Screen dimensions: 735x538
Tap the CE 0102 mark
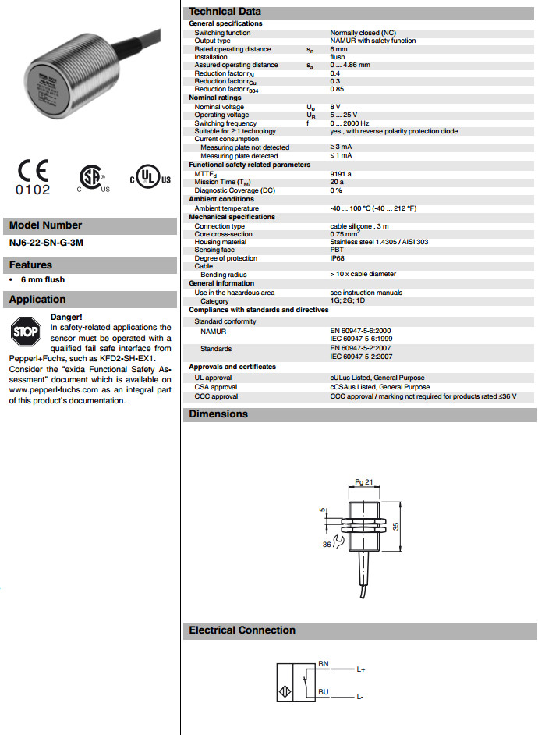(x=32, y=177)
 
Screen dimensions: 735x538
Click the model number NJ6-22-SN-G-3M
(x=46, y=243)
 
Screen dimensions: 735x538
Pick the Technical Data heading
(x=225, y=12)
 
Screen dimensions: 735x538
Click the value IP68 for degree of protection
(x=337, y=258)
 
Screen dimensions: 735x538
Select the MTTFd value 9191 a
(x=341, y=173)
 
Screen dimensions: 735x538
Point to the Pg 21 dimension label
(x=364, y=483)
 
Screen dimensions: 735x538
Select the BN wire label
(x=324, y=663)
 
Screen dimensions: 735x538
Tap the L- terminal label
(x=361, y=696)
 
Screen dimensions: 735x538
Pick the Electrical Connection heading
(x=242, y=630)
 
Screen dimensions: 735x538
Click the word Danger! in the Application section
(x=66, y=317)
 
